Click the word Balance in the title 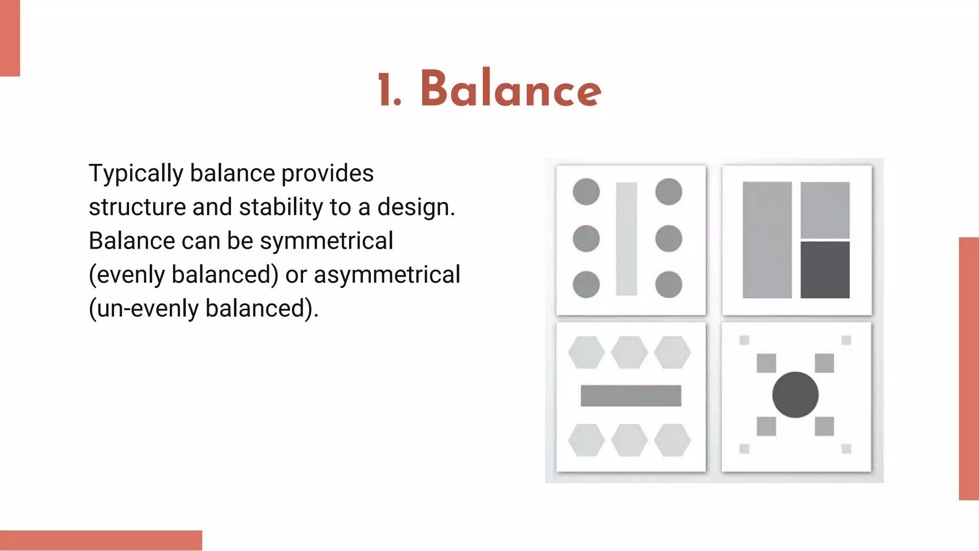(x=511, y=89)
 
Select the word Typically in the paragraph (x=136, y=174)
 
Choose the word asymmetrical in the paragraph (x=387, y=275)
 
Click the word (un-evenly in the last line (x=143, y=309)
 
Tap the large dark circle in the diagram (x=795, y=395)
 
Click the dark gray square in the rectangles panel (x=825, y=270)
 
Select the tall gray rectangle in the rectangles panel (x=767, y=240)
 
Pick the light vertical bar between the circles (x=626, y=239)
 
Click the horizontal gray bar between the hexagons (x=631, y=396)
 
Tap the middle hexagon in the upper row (x=629, y=353)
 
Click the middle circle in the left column (x=586, y=238)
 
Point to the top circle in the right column (x=668, y=192)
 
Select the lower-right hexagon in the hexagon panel (x=672, y=440)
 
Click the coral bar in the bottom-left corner (x=101, y=540)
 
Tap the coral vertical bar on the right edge (x=968, y=368)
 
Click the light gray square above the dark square (x=825, y=209)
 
